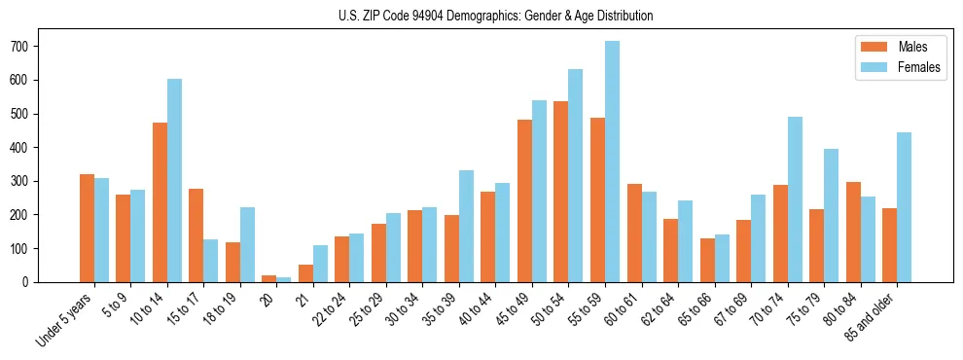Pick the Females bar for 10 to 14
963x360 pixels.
click(175, 181)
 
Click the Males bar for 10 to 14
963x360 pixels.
click(160, 202)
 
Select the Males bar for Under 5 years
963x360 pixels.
click(87, 229)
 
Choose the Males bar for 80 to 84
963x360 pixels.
click(853, 233)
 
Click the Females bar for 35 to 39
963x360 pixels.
click(467, 227)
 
